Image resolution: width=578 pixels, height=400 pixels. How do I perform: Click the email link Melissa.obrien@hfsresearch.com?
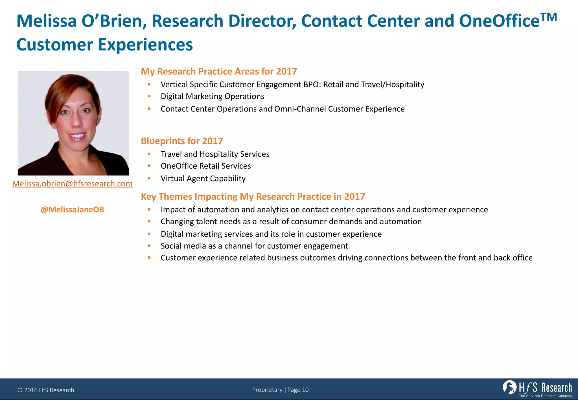tap(72, 184)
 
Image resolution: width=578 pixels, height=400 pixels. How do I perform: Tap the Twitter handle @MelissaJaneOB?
tap(72, 210)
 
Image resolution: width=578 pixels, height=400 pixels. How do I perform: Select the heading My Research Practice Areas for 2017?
tap(219, 71)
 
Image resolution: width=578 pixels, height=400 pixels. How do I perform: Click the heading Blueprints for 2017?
tap(182, 141)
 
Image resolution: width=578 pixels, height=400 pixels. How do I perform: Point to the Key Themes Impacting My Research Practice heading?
tap(253, 196)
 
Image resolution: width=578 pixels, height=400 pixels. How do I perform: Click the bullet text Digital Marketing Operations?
tap(212, 96)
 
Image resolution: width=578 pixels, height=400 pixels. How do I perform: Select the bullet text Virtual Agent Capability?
tap(203, 179)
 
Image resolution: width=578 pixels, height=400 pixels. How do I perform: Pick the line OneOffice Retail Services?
tap(205, 166)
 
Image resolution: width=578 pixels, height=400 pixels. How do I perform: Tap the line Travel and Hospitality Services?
tap(215, 154)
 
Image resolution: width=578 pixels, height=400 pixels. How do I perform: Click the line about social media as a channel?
tap(254, 246)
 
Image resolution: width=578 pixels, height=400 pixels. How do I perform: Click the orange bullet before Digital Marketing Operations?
tap(149, 96)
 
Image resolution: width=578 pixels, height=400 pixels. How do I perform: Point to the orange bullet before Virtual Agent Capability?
tap(149, 178)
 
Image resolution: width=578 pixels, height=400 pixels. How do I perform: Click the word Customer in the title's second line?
tap(54, 45)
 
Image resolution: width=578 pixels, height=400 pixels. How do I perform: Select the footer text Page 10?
tap(298, 390)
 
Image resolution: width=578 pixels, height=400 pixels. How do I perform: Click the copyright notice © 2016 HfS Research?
tap(46, 390)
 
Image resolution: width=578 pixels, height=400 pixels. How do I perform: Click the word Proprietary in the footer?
tap(267, 390)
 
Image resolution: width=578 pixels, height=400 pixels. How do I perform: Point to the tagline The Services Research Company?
tap(546, 396)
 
